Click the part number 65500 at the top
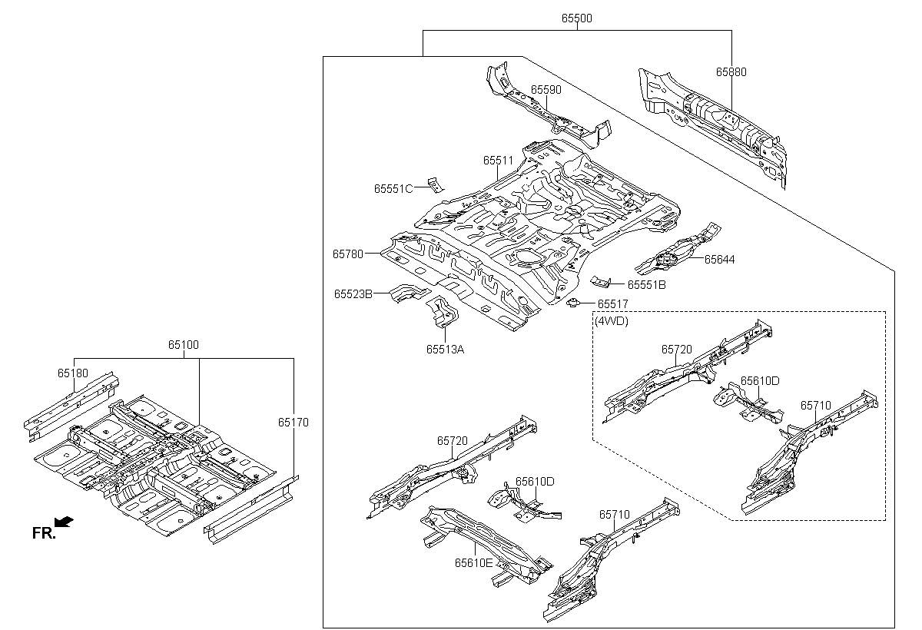576,18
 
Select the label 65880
731,72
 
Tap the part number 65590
546,90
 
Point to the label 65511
498,161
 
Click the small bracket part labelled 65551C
436,184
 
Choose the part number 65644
719,260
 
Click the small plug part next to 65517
572,303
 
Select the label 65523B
353,293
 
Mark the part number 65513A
446,349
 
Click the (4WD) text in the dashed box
612,322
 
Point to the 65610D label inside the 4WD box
760,381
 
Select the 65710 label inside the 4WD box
816,405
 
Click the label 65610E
473,562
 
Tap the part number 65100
184,346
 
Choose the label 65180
72,373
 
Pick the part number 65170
294,422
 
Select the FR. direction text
43,533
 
